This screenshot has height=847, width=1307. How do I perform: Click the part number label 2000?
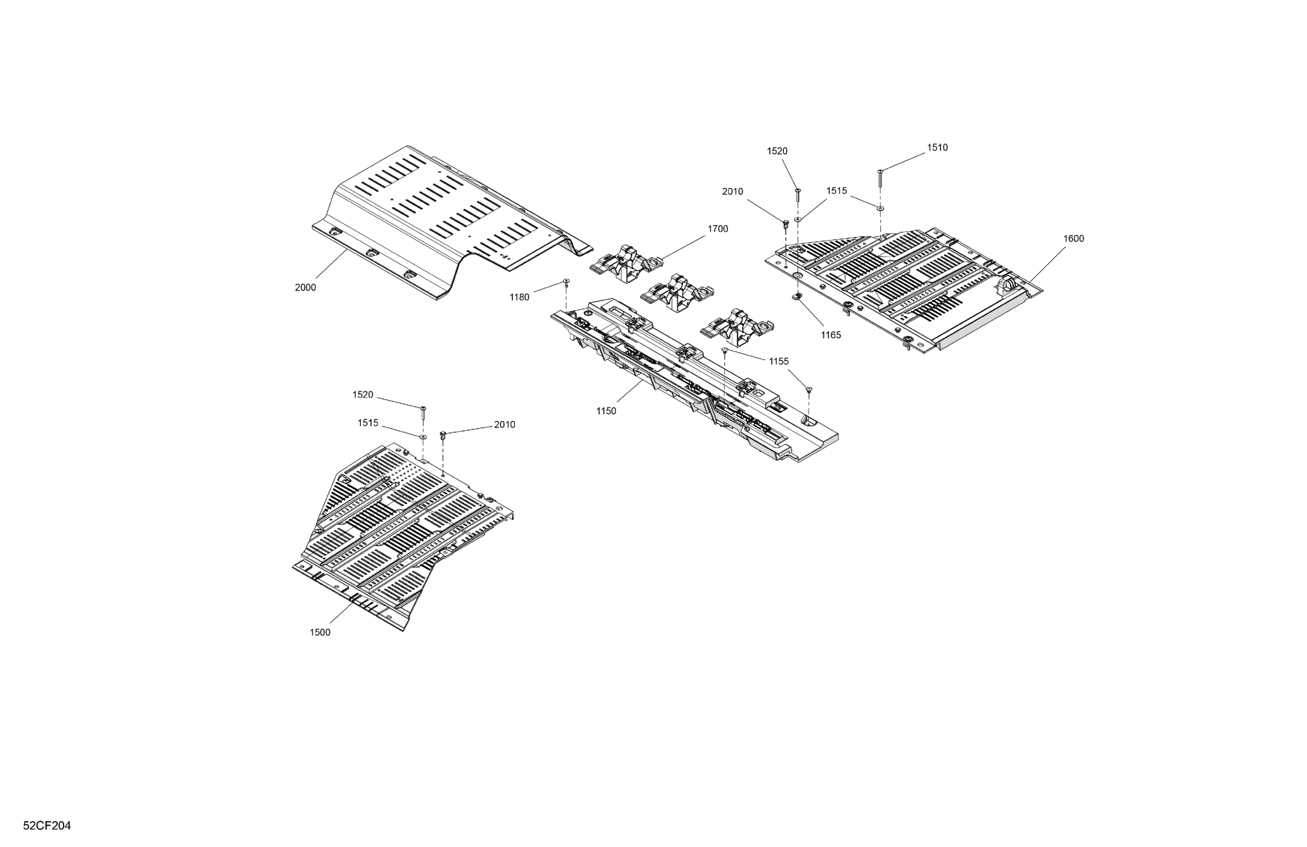click(306, 287)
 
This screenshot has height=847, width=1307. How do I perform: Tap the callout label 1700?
click(717, 229)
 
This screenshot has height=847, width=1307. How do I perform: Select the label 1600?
click(1073, 239)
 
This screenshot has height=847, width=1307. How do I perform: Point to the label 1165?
click(830, 335)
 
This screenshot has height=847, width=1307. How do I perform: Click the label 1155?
click(778, 361)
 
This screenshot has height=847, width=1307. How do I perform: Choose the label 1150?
click(606, 411)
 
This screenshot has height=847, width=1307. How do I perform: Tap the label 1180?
click(519, 297)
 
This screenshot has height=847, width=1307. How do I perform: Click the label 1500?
click(320, 632)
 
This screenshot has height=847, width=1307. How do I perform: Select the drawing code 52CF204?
click(47, 826)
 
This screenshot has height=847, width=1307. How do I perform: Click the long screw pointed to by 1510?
click(880, 178)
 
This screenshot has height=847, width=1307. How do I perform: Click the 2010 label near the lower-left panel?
click(504, 425)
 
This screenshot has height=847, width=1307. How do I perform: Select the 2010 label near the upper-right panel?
click(732, 192)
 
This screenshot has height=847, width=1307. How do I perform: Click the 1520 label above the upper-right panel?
click(777, 151)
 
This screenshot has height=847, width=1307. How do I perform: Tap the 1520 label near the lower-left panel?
click(362, 395)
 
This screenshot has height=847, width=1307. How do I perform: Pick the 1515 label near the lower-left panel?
click(367, 423)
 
